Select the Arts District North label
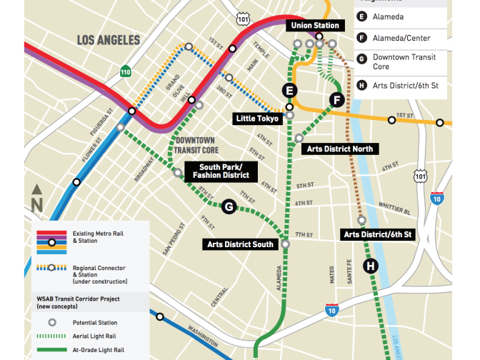click(x=339, y=149)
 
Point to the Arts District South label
click(x=240, y=244)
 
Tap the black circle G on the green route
click(x=229, y=206)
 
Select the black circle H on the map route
click(x=371, y=266)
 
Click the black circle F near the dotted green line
click(x=336, y=99)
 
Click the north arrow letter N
click(x=37, y=205)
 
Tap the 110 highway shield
click(x=126, y=71)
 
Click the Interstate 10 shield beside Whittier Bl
click(x=436, y=199)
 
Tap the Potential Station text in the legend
click(x=96, y=323)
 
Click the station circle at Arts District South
click(x=286, y=244)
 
